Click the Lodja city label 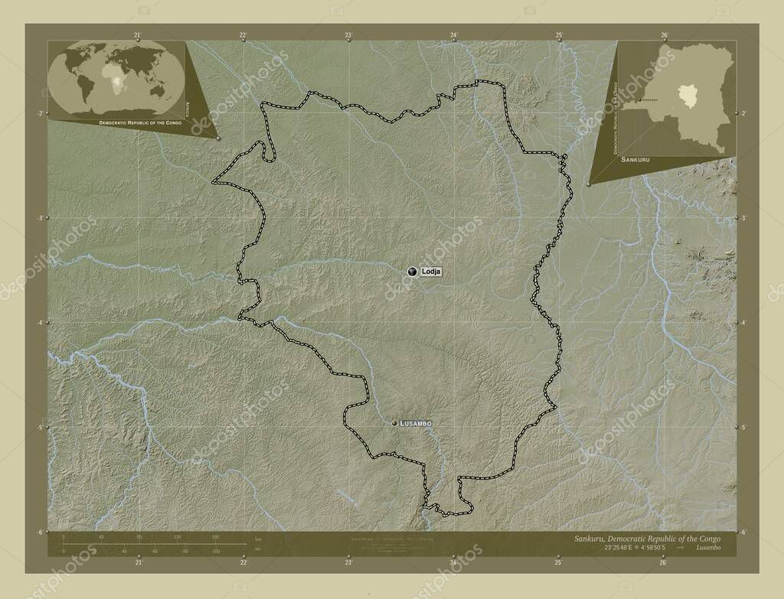[x=431, y=272]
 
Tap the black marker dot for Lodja [x=413, y=271]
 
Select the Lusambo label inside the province [x=416, y=423]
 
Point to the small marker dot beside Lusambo [x=395, y=423]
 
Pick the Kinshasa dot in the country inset [x=639, y=100]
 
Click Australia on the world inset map [x=158, y=91]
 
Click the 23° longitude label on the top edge [x=348, y=35]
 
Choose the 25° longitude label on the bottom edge [x=558, y=562]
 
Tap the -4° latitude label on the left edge [x=38, y=323]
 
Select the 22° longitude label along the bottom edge [x=243, y=562]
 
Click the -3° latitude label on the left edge [x=38, y=218]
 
